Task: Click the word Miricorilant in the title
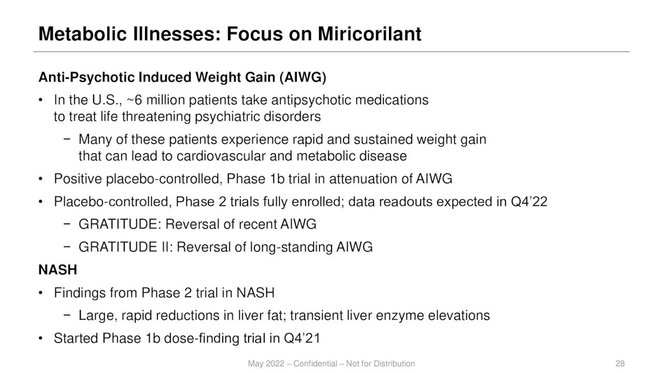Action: tap(369, 34)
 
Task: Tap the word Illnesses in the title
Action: tap(177, 34)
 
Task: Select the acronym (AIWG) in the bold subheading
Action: tap(303, 78)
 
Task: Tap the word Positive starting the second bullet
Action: tap(78, 179)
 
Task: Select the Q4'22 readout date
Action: tap(529, 202)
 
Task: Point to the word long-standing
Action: tap(291, 247)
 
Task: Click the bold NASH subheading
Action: tap(57, 270)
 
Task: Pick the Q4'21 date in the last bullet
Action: tap(302, 338)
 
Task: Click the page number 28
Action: tap(620, 364)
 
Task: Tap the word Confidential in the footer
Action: tap(315, 364)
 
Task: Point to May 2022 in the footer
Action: tap(266, 364)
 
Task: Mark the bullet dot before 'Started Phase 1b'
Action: tap(40, 338)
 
